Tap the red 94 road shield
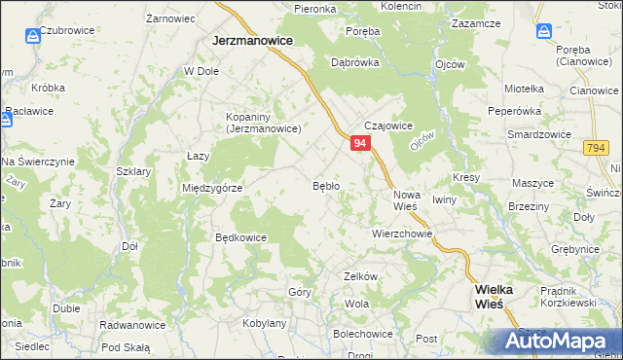point(360,143)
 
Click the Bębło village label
point(325,185)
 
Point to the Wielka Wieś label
point(501,297)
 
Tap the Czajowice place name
point(389,126)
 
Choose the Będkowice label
point(240,237)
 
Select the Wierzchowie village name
point(401,234)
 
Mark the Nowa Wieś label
point(406,200)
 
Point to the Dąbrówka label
point(354,61)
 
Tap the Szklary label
point(133,171)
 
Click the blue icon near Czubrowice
point(33,36)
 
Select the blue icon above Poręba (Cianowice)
point(543,31)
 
